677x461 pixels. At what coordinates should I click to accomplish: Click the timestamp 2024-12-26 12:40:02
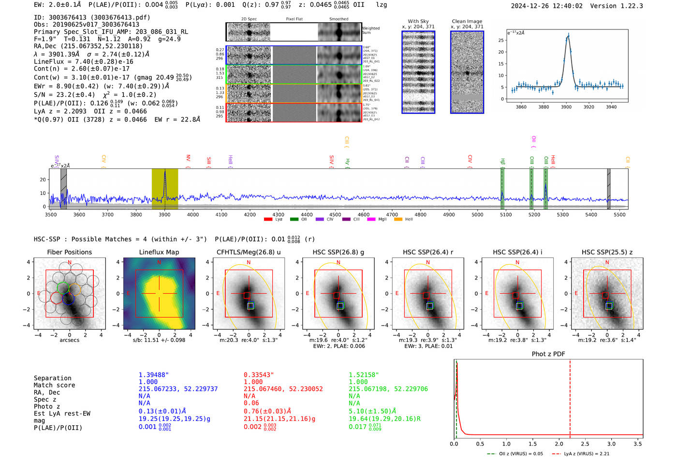click(x=546, y=6)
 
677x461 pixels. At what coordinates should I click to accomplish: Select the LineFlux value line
click(x=83, y=61)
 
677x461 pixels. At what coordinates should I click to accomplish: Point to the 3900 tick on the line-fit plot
click(x=566, y=107)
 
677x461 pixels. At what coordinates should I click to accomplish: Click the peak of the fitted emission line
click(x=568, y=34)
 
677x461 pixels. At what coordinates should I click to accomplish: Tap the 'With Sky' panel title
click(x=418, y=21)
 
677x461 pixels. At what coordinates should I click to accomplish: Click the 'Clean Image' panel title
click(x=467, y=21)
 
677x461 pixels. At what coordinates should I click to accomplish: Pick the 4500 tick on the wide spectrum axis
click(x=335, y=214)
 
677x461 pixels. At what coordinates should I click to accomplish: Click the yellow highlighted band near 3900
click(x=165, y=189)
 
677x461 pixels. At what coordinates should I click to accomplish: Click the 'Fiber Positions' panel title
click(x=69, y=252)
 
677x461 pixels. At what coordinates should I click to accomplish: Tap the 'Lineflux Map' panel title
click(x=159, y=252)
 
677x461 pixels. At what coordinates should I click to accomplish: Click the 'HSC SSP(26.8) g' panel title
click(x=338, y=252)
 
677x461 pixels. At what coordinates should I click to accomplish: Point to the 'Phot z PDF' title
click(x=548, y=354)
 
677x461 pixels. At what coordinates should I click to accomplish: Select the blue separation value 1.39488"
click(x=153, y=375)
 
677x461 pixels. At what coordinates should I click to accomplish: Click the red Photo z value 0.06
click(x=251, y=403)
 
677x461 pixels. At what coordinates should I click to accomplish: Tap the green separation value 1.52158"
click(x=364, y=375)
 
